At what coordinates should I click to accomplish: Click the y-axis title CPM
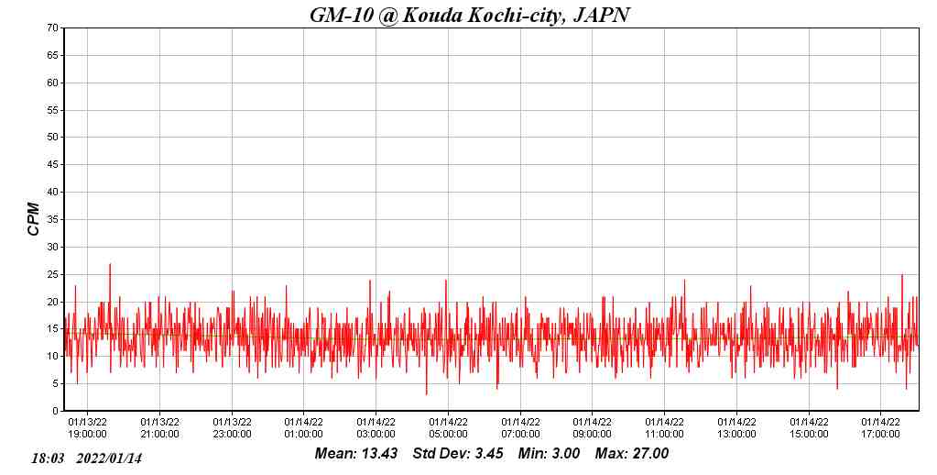(x=34, y=219)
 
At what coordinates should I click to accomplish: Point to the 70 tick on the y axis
(x=53, y=28)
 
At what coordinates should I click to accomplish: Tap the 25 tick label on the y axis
(x=53, y=274)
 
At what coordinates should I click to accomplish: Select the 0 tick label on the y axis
(x=56, y=411)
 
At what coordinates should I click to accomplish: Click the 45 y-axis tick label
(x=53, y=165)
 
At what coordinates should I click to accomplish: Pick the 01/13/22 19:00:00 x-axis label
(x=87, y=428)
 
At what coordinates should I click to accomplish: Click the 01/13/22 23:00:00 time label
(x=232, y=428)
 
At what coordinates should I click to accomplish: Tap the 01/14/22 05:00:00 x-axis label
(x=448, y=428)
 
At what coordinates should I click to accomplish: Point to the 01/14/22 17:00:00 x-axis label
(x=880, y=428)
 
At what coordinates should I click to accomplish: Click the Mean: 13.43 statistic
(x=355, y=454)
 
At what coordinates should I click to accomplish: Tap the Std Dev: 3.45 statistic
(x=458, y=454)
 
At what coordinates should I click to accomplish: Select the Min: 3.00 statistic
(x=549, y=454)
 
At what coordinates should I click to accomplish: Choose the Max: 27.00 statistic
(x=632, y=454)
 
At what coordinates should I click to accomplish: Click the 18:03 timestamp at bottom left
(x=48, y=458)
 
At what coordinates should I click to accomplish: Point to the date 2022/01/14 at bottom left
(x=109, y=458)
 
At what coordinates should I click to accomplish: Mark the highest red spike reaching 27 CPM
(x=110, y=265)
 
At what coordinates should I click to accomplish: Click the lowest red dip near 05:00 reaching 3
(x=426, y=393)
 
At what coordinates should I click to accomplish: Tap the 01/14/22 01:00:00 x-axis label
(x=303, y=428)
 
